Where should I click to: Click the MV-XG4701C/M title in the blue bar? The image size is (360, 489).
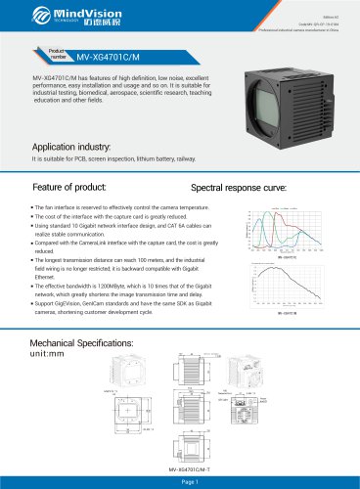(109, 58)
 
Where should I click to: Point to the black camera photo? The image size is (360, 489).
(293, 83)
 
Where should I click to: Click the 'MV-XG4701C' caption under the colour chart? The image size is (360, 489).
(288, 261)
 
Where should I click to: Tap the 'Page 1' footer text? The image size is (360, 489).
(180, 482)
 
